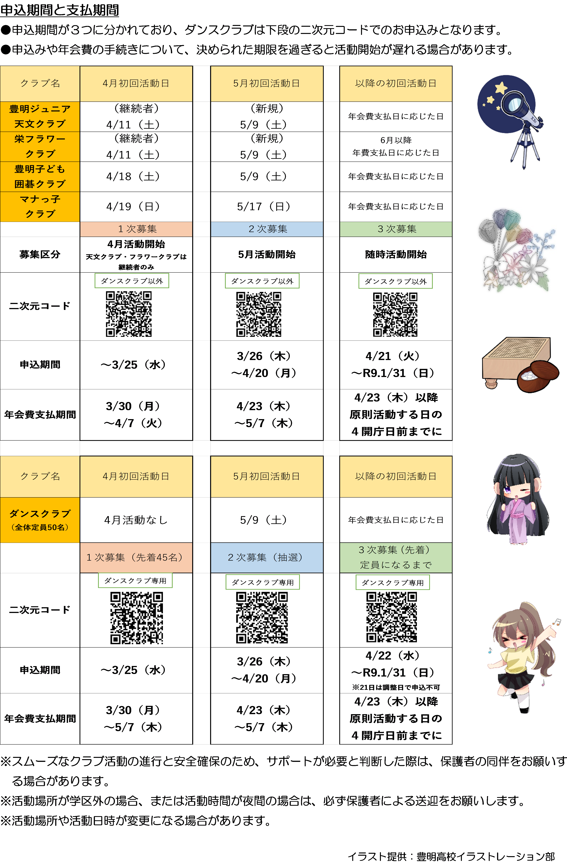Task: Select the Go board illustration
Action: pyautogui.click(x=518, y=364)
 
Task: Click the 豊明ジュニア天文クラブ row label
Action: pyautogui.click(x=40, y=116)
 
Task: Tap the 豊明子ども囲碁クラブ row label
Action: pyautogui.click(x=40, y=177)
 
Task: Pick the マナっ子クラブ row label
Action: pyautogui.click(x=40, y=206)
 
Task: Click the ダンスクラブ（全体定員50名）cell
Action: pyautogui.click(x=40, y=520)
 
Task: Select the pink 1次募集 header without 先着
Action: pyautogui.click(x=136, y=229)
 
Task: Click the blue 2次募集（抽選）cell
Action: pyautogui.click(x=267, y=557)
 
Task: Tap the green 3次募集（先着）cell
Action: pyautogui.click(x=396, y=557)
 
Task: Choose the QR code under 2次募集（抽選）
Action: pyautogui.click(x=262, y=617)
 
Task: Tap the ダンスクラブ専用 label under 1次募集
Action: pyautogui.click(x=135, y=581)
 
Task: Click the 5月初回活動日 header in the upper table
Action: pyautogui.click(x=267, y=84)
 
